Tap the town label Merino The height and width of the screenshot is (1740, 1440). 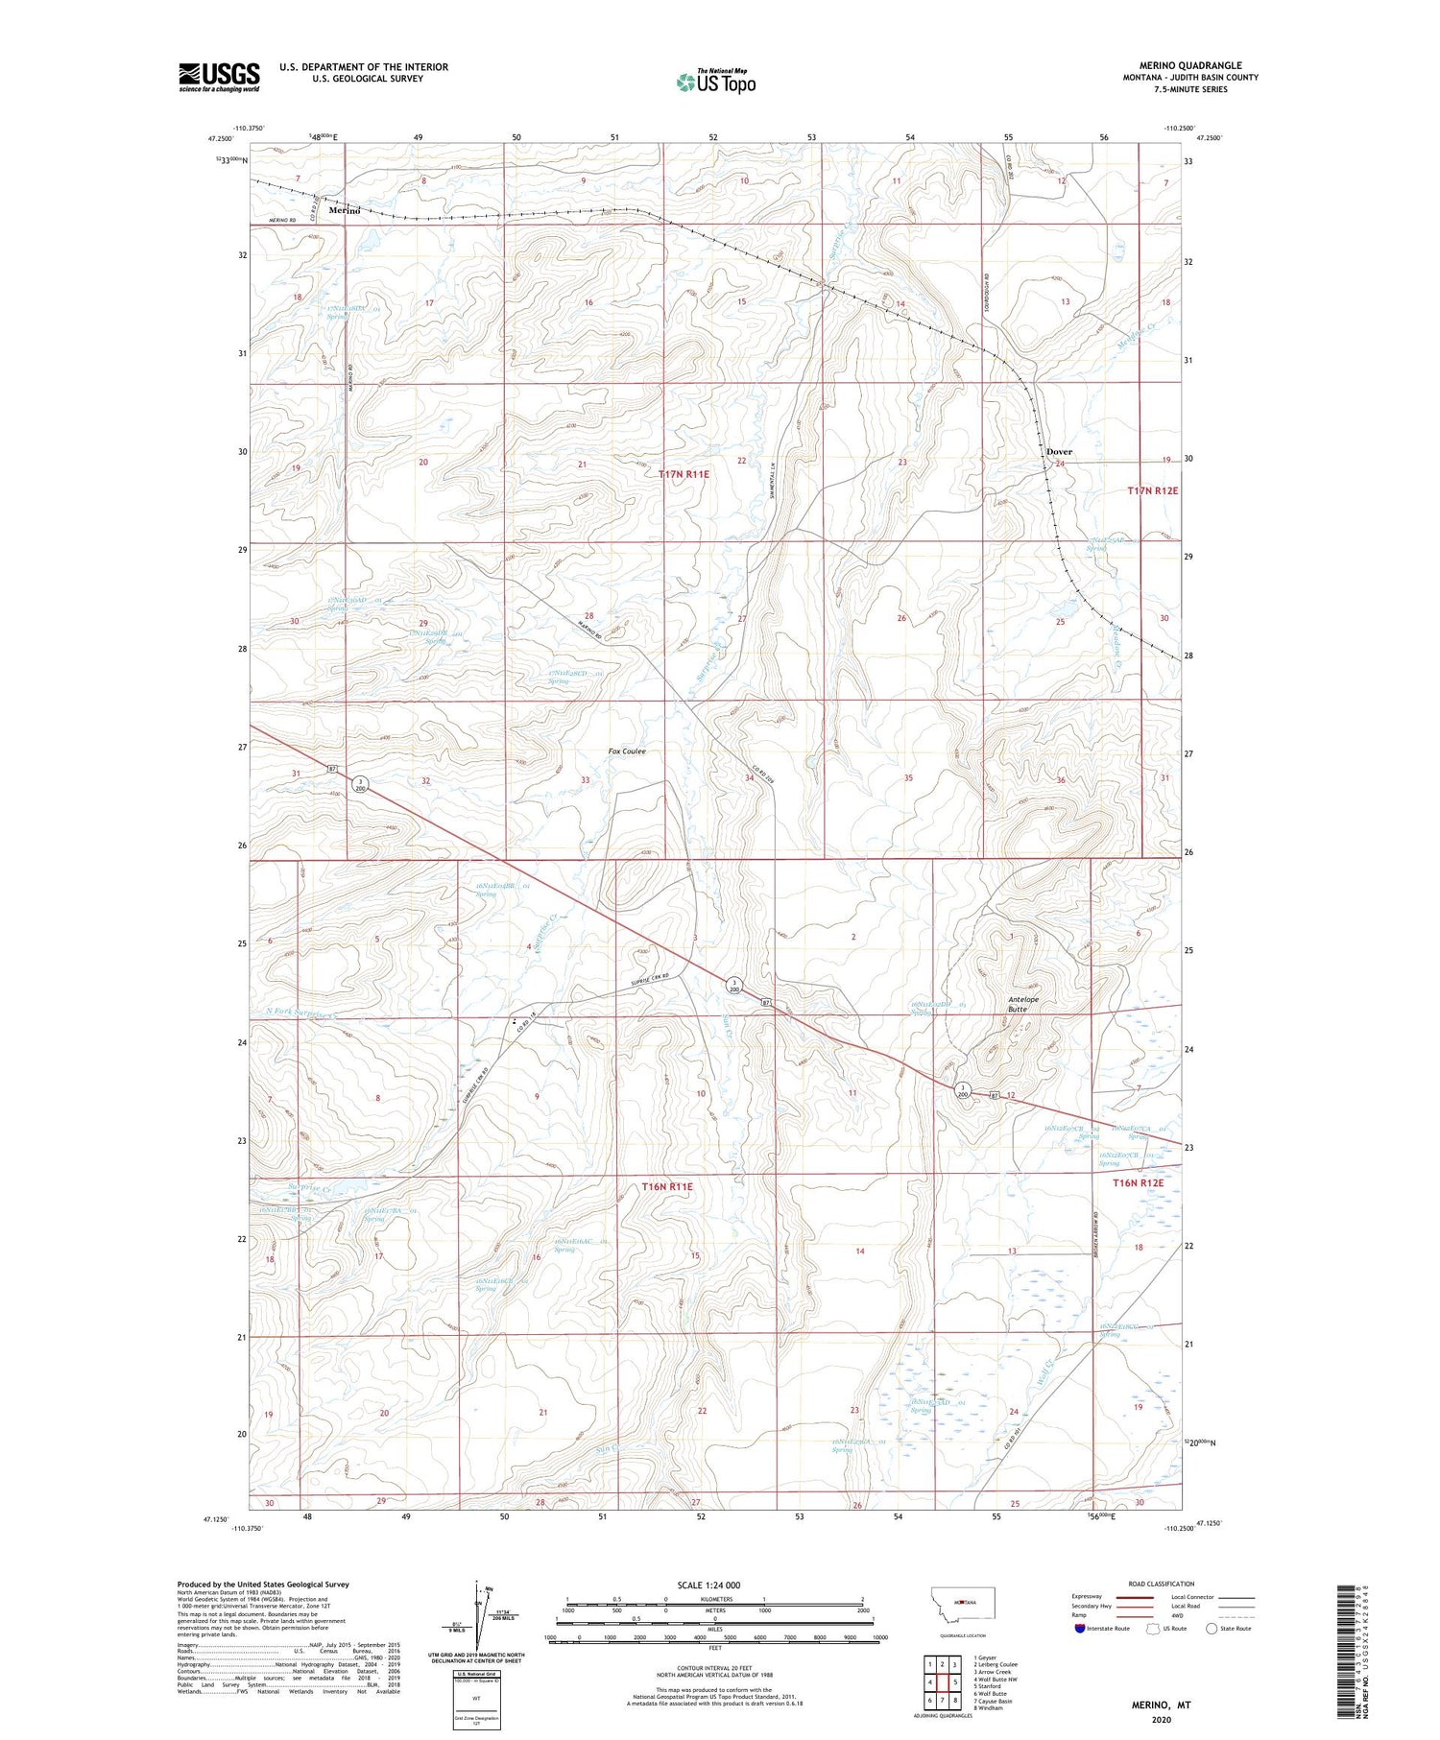tap(345, 210)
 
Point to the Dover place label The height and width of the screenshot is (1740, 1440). tap(1059, 451)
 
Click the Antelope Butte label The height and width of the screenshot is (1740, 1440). tap(1023, 1004)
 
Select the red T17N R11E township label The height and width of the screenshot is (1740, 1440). tap(684, 474)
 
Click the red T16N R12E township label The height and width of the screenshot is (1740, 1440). tap(1138, 1183)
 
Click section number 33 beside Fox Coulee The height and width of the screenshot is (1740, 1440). tap(585, 780)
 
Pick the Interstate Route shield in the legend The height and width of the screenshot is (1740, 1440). tap(1079, 1629)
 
